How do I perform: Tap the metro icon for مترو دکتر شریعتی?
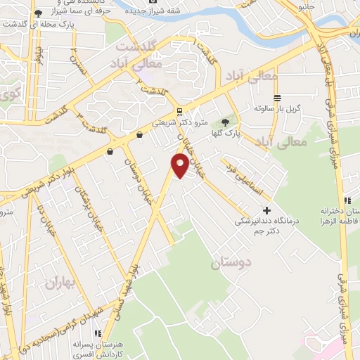pyautogui.click(x=179, y=111)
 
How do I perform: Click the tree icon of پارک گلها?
pyautogui.click(x=225, y=122)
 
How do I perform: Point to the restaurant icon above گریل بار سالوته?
pyautogui.click(x=277, y=98)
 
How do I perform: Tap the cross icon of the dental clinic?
pyautogui.click(x=266, y=210)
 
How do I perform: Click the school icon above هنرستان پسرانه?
pyautogui.click(x=98, y=333)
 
